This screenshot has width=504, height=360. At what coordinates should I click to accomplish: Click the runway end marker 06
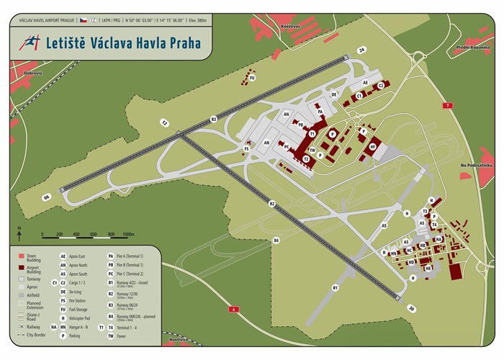click(47, 197)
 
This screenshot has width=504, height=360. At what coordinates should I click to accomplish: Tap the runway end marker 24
click(363, 50)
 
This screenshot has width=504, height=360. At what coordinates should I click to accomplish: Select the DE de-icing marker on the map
click(334, 94)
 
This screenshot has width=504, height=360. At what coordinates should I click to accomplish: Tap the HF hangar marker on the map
click(373, 146)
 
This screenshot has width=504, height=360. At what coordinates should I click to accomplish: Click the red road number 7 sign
click(449, 105)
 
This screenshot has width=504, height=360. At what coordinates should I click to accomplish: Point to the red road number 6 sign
click(234, 309)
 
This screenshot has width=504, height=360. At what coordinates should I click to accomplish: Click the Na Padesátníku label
click(476, 166)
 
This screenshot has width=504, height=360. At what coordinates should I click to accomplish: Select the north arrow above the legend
click(19, 232)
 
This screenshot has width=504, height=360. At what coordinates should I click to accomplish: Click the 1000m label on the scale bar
click(129, 234)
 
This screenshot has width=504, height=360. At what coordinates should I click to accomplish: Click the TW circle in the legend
click(111, 336)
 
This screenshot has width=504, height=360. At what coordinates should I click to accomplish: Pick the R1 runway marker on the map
click(335, 287)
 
